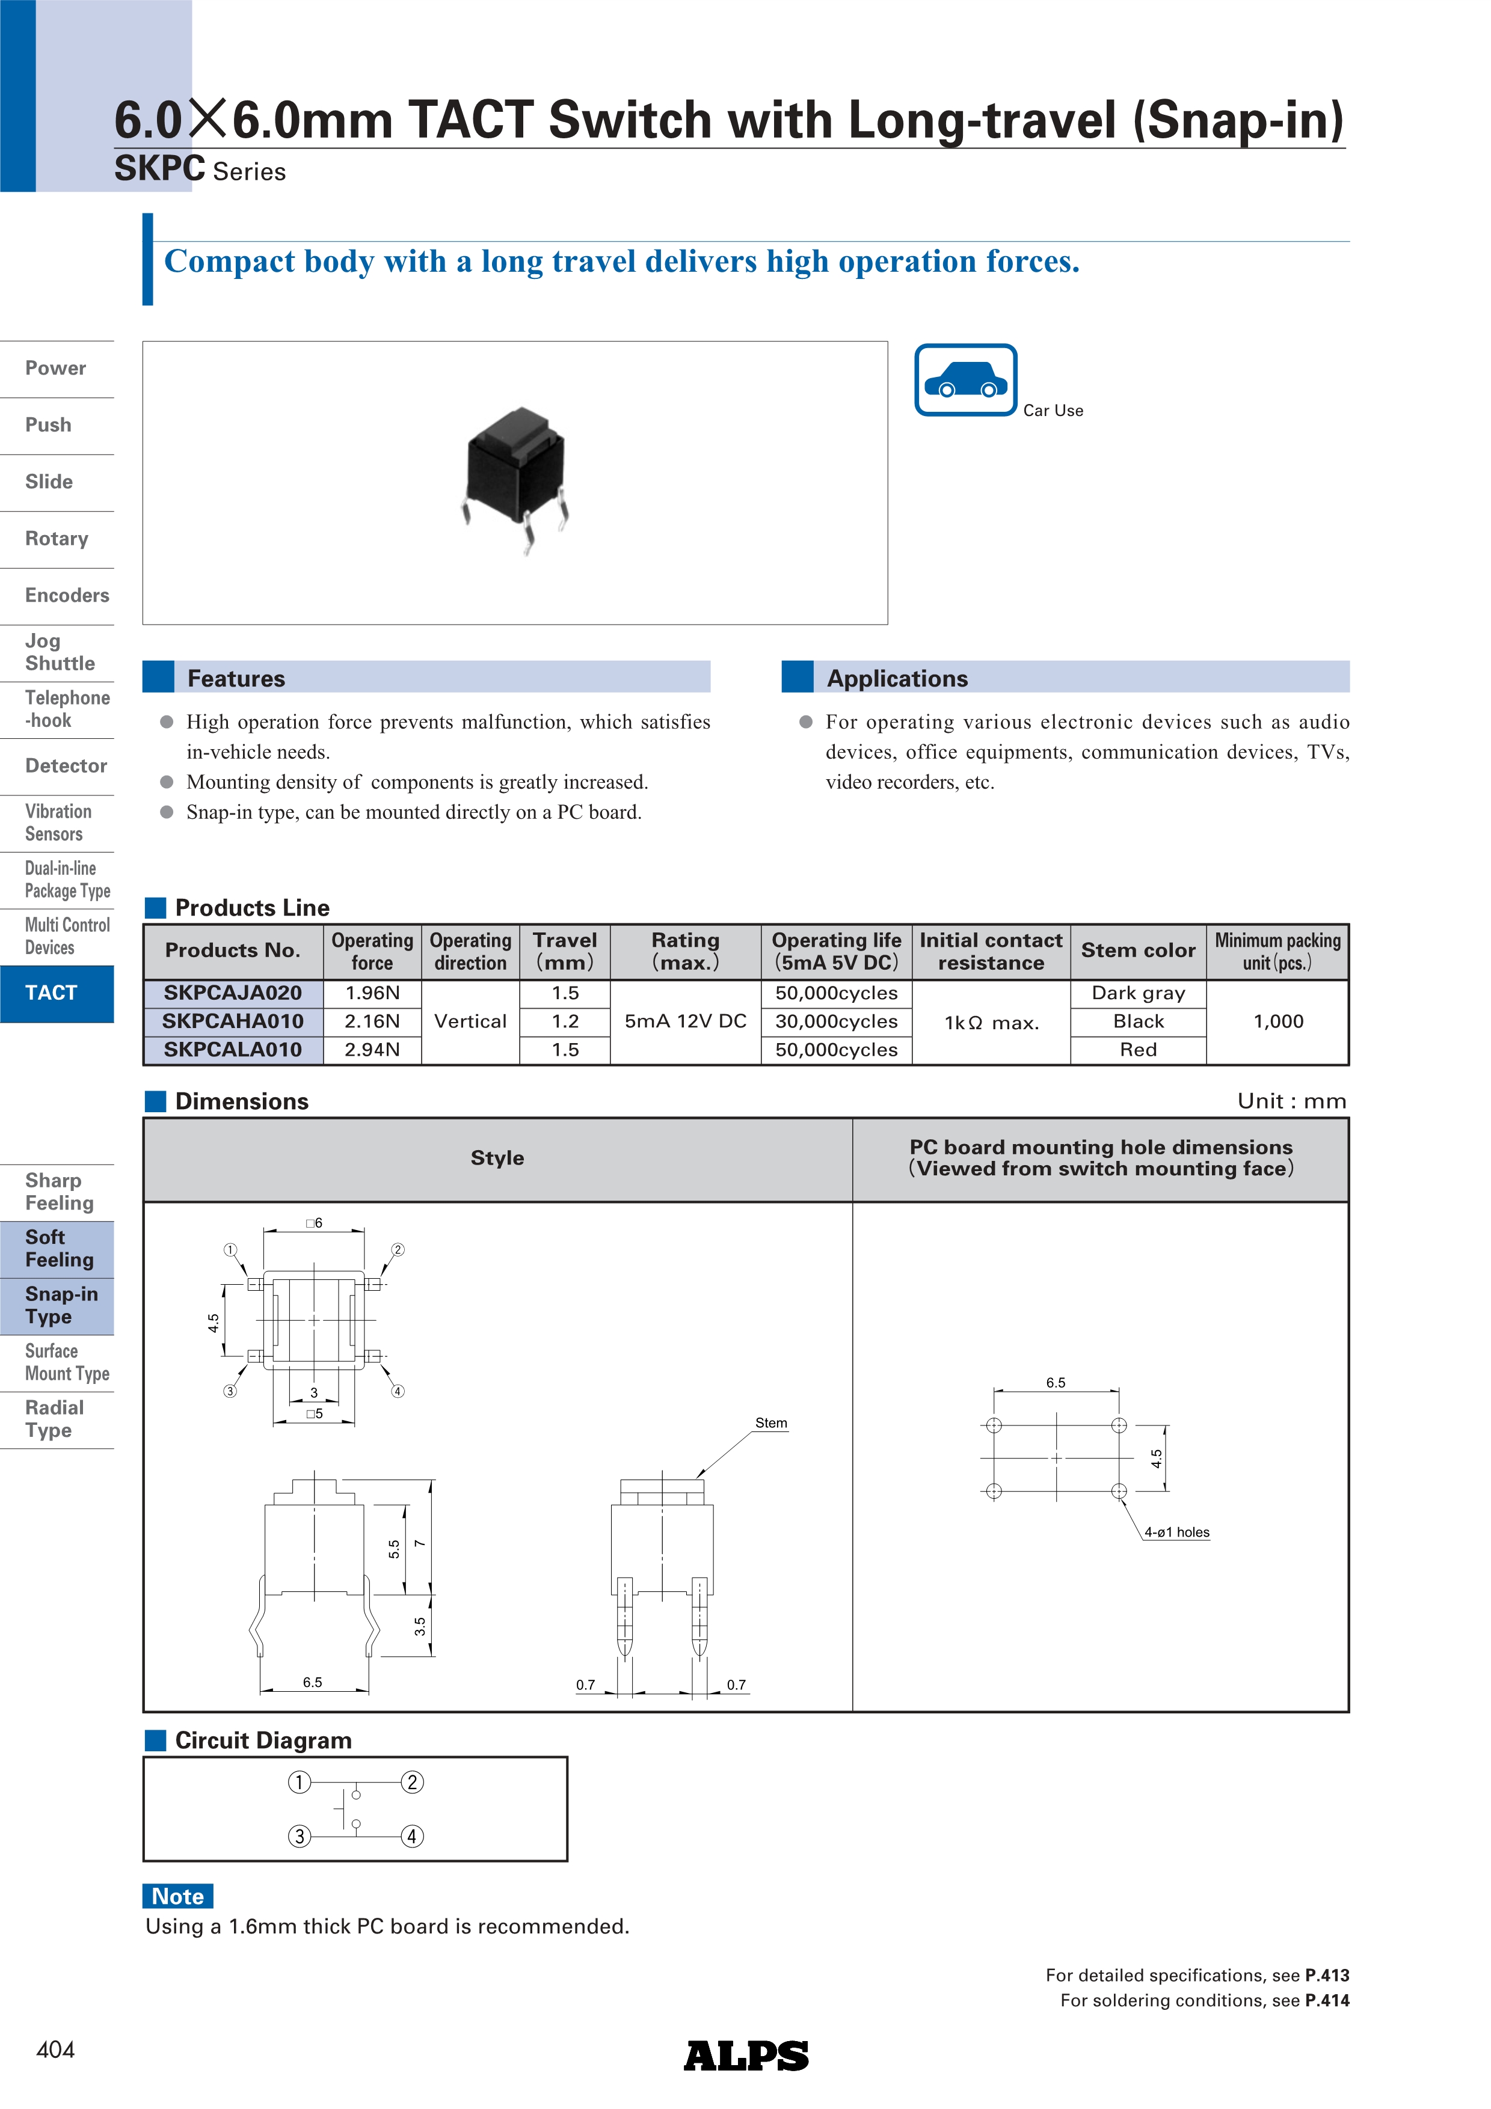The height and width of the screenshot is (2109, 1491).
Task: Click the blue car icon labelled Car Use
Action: (x=965, y=381)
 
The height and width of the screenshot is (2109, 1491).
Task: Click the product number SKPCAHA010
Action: (x=232, y=1021)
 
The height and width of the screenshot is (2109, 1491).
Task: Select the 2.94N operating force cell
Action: (x=372, y=1050)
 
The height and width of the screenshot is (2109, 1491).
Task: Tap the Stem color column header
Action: (x=1137, y=950)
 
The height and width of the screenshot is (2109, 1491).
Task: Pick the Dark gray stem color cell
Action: (x=1137, y=993)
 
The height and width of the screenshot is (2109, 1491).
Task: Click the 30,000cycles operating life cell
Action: (x=836, y=1021)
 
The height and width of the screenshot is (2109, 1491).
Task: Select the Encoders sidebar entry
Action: (x=66, y=595)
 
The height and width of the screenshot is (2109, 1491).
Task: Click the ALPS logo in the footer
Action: (x=746, y=2055)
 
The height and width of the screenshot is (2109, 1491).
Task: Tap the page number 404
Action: (x=55, y=2050)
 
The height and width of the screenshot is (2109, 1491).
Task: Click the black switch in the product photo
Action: (x=516, y=474)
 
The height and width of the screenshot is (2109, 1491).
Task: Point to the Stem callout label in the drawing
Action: (x=771, y=1423)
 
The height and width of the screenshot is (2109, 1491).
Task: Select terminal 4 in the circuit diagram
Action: (x=413, y=1836)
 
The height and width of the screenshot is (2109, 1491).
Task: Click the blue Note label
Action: (x=178, y=1896)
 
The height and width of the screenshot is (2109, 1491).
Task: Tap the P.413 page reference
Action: (x=1327, y=1975)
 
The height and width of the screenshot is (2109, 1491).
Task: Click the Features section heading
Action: (x=236, y=679)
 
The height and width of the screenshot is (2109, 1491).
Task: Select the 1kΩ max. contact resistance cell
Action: (x=991, y=1023)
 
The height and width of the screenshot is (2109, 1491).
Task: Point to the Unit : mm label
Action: (x=1291, y=1101)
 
